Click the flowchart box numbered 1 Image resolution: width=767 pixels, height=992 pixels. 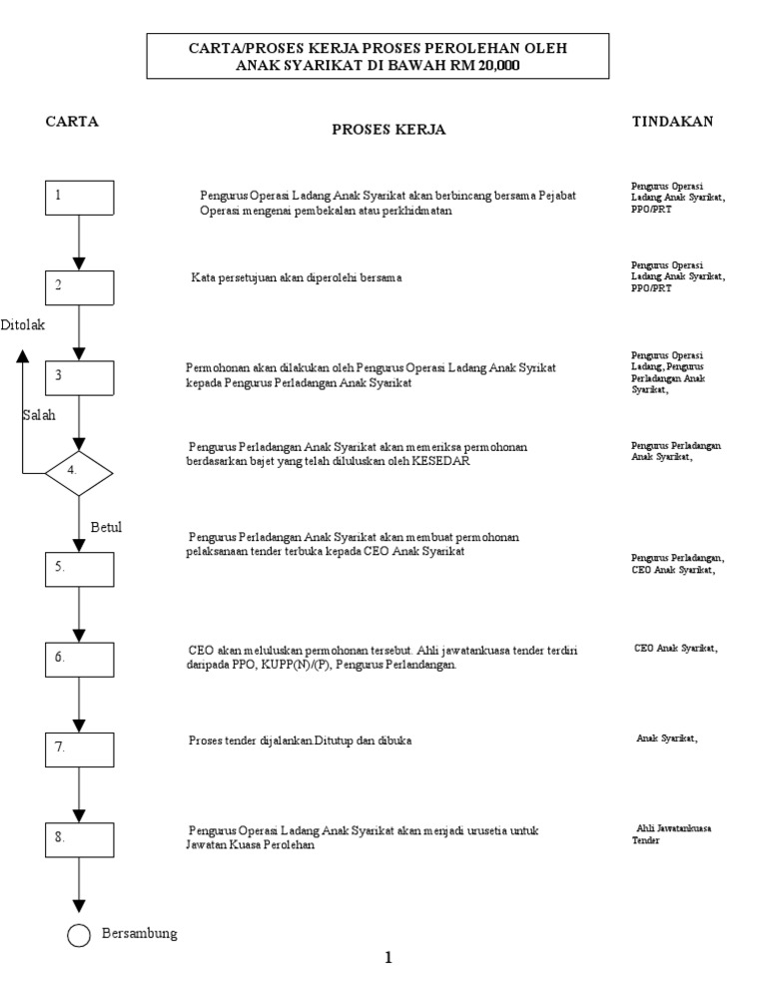tap(79, 197)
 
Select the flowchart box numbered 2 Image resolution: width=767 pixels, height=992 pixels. tap(79, 286)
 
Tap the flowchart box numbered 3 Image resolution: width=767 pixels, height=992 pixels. tap(79, 377)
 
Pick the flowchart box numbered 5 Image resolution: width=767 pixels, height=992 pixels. tap(79, 567)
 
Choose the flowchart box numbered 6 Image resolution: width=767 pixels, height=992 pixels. tap(79, 659)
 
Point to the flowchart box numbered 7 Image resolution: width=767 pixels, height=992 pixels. tap(79, 747)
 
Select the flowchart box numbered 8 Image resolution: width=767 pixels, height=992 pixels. tap(79, 839)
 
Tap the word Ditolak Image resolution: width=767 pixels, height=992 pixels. tap(23, 325)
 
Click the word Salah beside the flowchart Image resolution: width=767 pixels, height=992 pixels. tap(39, 415)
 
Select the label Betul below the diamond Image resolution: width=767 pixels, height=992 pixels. tap(106, 527)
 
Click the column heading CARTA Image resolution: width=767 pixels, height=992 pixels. tap(72, 122)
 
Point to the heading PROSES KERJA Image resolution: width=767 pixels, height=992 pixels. tap(388, 131)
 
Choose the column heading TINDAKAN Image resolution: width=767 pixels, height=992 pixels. tap(672, 122)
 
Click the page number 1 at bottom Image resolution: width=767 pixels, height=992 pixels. tap(388, 958)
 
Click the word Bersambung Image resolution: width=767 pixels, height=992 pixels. tap(139, 934)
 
